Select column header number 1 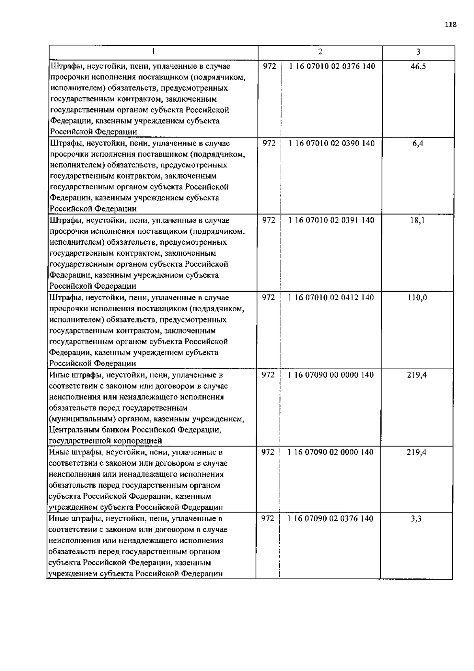point(153,52)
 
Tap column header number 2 point(320,52)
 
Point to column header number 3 point(418,52)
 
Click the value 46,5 point(418,66)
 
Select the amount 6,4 point(418,144)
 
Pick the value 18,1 point(417,220)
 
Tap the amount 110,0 point(417,297)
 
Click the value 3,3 point(416,518)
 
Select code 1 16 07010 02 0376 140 point(332,66)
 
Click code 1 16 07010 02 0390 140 point(332,144)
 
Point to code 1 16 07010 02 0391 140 point(331,220)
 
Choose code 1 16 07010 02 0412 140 point(331,297)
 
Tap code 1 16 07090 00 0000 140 point(331,375)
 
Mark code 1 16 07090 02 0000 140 point(331,452)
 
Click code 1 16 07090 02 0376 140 point(331,518)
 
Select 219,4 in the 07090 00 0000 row point(417,375)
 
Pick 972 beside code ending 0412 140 point(268,297)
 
